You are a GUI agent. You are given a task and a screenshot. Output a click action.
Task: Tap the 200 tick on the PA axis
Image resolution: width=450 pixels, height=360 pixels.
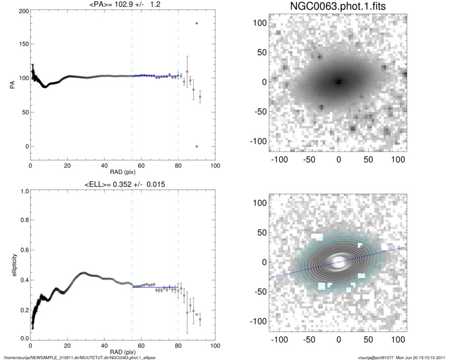point(22,11)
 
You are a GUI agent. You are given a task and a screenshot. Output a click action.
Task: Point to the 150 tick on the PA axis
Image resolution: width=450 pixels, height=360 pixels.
point(22,45)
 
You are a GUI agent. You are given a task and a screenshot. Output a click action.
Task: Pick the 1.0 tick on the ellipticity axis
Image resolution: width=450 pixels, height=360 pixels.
point(22,191)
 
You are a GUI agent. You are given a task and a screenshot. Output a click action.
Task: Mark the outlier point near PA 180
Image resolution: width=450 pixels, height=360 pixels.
point(197,23)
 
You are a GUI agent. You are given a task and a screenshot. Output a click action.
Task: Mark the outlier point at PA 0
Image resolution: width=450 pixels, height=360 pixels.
point(197,146)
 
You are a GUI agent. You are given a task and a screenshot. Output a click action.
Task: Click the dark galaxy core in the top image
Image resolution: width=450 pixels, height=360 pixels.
point(339,81)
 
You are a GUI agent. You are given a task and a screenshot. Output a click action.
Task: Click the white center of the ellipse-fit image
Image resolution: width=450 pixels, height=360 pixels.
point(338,262)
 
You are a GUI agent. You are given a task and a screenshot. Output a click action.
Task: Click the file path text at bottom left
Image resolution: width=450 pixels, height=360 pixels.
point(80,357)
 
